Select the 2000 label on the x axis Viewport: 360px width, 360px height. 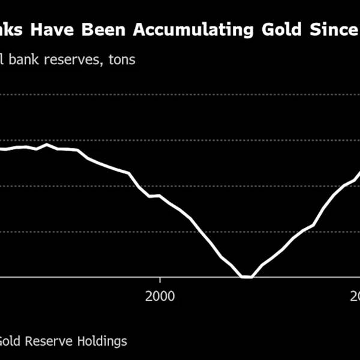coord(160,296)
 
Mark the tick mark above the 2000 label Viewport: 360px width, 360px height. coord(160,280)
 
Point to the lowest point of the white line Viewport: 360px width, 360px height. coord(246,277)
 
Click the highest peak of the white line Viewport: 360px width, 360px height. coord(46,145)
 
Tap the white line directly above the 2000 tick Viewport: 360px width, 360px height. coord(160,196)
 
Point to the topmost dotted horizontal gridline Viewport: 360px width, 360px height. coord(180,95)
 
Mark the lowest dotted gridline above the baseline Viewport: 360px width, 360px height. coord(180,231)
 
